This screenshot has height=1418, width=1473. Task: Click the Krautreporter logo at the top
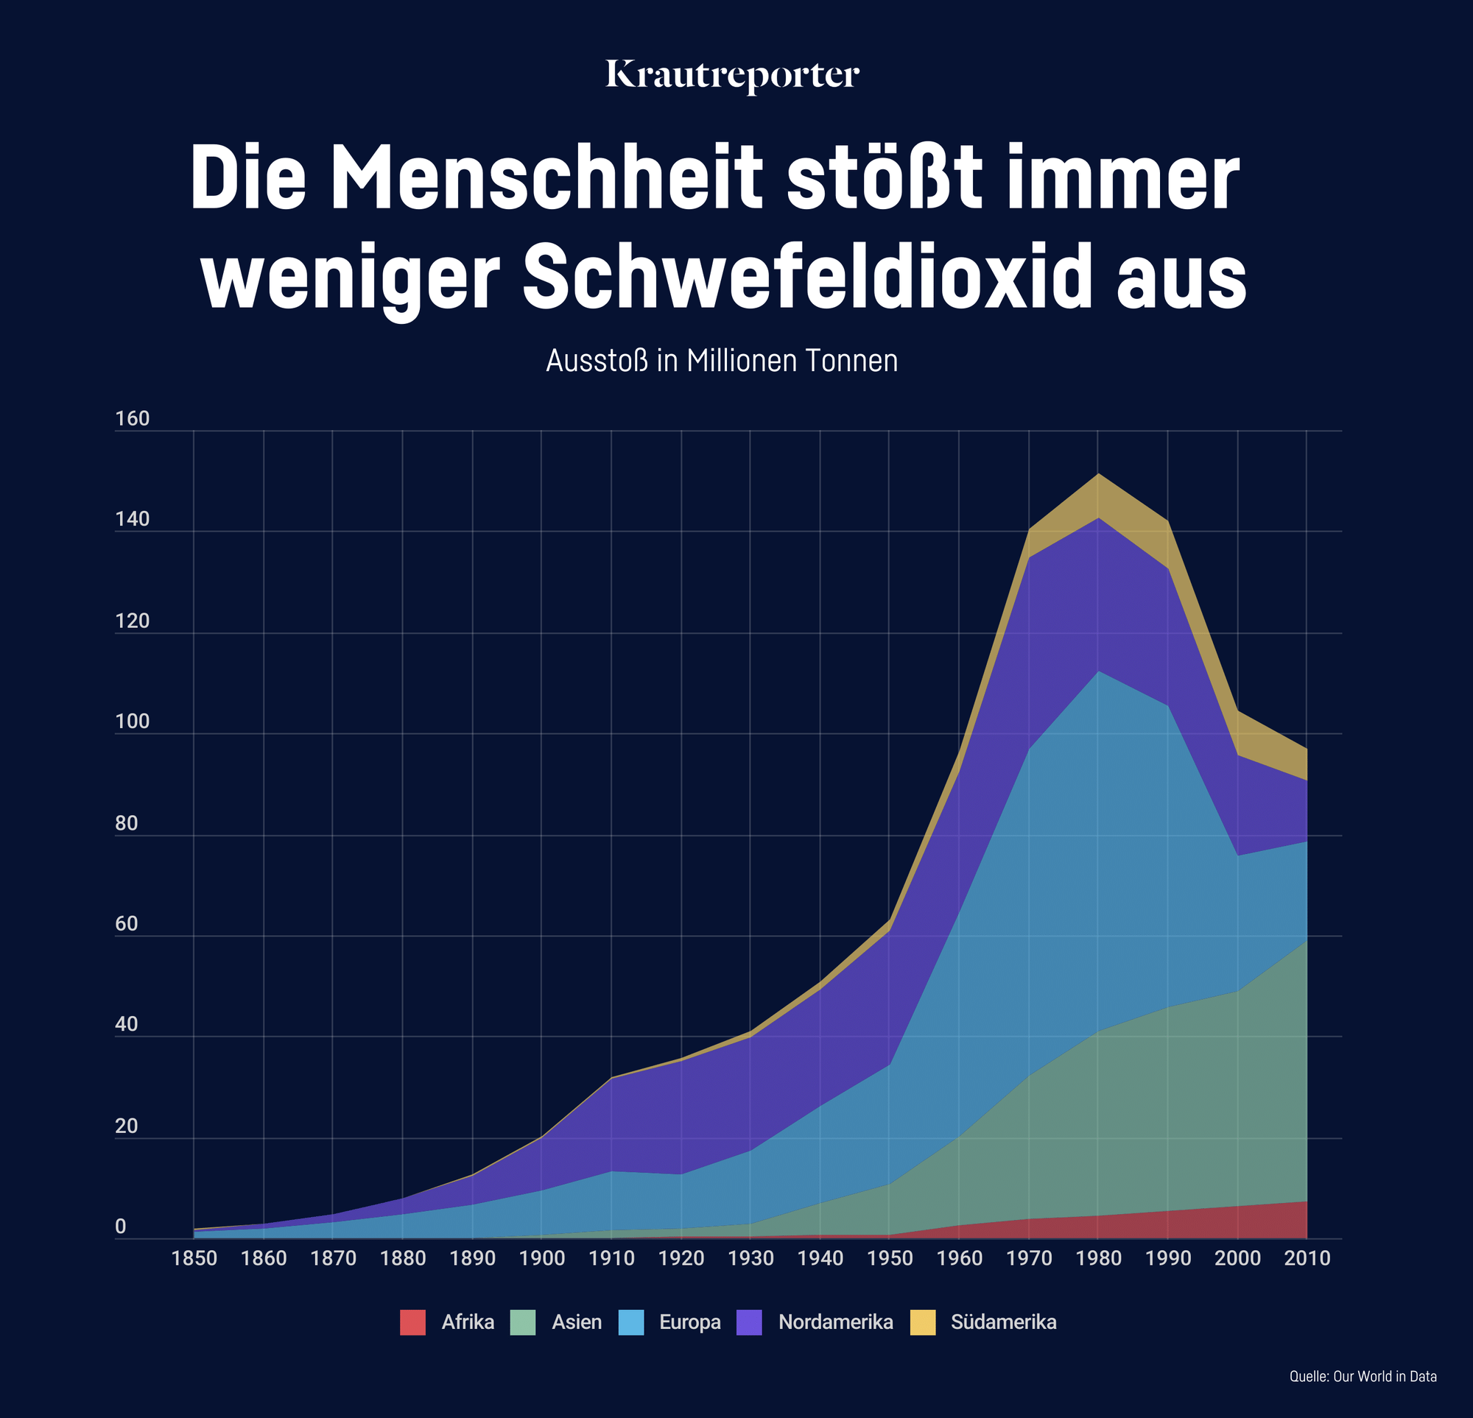[x=732, y=75]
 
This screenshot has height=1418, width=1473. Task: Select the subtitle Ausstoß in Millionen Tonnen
[x=722, y=361]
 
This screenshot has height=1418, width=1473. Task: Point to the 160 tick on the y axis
[x=133, y=420]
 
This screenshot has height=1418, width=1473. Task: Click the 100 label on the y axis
[x=133, y=722]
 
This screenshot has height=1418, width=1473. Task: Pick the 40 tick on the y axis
[x=126, y=1025]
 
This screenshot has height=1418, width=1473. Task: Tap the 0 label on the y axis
[x=120, y=1227]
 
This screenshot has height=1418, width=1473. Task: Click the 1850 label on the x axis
[x=194, y=1259]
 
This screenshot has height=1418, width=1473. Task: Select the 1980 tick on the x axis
[x=1098, y=1259]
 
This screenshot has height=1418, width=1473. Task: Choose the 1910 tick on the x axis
[x=611, y=1259]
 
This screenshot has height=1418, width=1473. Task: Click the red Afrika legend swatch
[x=412, y=1322]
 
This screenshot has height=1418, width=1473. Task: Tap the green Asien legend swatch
[x=523, y=1322]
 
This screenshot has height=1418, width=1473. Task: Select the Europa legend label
[x=690, y=1322]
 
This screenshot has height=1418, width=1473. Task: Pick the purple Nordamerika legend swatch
[x=749, y=1322]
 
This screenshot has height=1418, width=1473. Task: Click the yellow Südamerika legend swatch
[x=923, y=1322]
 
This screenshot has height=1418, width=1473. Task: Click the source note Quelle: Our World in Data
[x=1363, y=1377]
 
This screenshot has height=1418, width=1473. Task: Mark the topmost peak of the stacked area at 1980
[x=1098, y=474]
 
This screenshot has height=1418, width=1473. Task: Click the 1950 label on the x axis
[x=889, y=1259]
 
